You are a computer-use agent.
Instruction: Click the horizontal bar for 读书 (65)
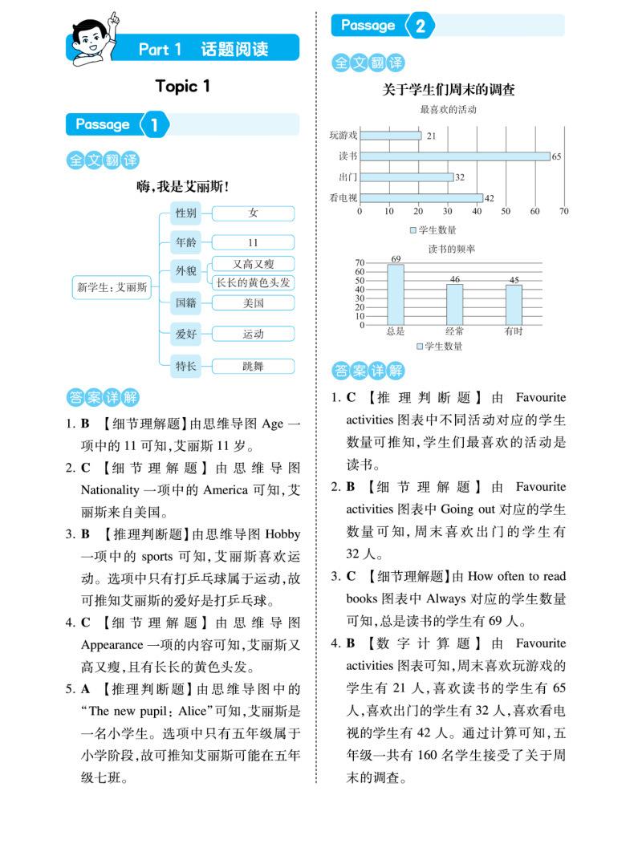[x=454, y=156]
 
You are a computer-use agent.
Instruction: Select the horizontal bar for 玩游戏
[x=390, y=136]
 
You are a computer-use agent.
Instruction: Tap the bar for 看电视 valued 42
[x=421, y=197]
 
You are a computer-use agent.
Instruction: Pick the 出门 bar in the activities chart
[x=406, y=177]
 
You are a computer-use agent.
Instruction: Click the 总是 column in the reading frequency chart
[x=396, y=294]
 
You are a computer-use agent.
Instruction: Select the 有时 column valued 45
[x=514, y=304]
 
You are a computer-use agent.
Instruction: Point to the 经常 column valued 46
[x=455, y=304]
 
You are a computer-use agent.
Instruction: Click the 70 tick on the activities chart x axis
[x=563, y=212]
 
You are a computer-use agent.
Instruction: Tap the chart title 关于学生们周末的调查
[x=449, y=91]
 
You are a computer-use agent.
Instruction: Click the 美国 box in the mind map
[x=253, y=303]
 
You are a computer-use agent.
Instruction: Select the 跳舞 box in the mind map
[x=253, y=366]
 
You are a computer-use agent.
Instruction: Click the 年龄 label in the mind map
[x=185, y=242]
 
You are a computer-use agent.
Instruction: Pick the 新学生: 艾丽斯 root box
[x=112, y=287]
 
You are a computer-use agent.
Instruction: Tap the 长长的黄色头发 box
[x=253, y=282]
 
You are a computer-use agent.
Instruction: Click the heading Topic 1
[x=182, y=87]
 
